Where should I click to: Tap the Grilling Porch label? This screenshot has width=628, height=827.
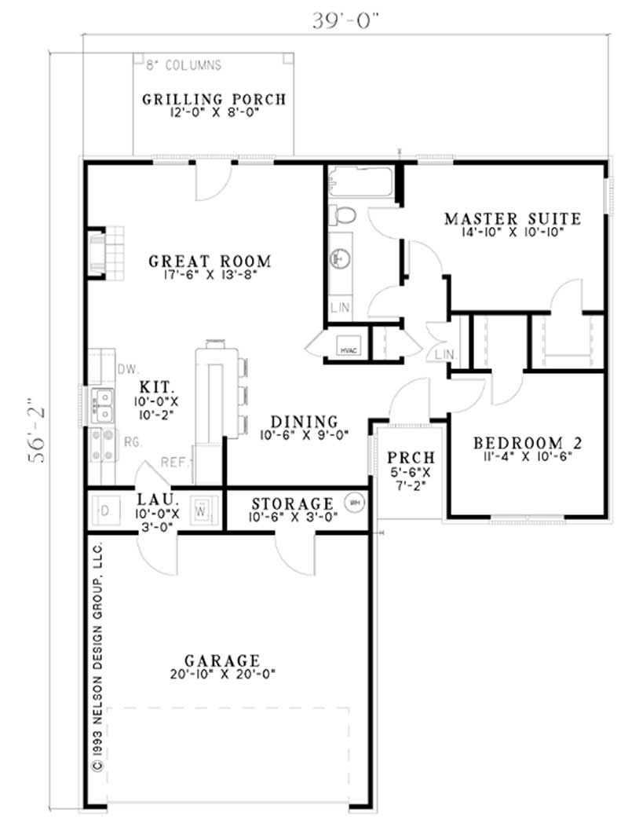pyautogui.click(x=214, y=100)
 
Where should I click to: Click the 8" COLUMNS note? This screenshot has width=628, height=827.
pyautogui.click(x=182, y=65)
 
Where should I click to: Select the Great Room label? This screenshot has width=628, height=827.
pyautogui.click(x=210, y=262)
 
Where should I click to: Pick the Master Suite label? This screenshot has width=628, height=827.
pyautogui.click(x=512, y=218)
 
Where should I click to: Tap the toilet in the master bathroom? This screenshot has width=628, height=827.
pyautogui.click(x=343, y=214)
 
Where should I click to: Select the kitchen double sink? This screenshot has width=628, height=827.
pyautogui.click(x=103, y=404)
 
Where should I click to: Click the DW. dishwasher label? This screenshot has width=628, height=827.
pyautogui.click(x=127, y=369)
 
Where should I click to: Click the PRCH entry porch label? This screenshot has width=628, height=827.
pyautogui.click(x=409, y=458)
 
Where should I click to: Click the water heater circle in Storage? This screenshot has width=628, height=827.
pyautogui.click(x=354, y=501)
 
